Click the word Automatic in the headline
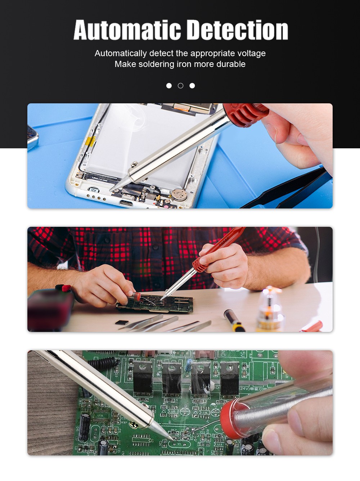pyautogui.click(x=127, y=30)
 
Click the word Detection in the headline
pyautogui.click(x=238, y=30)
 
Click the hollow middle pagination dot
pyautogui.click(x=181, y=86)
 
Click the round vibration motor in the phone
pyautogui.click(x=179, y=194)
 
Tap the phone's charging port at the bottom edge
pyautogui.click(x=126, y=203)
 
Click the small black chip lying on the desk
pyautogui.click(x=122, y=322)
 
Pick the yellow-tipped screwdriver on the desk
pyautogui.click(x=234, y=320)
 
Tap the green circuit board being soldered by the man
pyautogui.click(x=155, y=304)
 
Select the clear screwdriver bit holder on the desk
pyautogui.click(x=270, y=309)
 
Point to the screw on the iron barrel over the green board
pyautogui.click(x=134, y=425)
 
